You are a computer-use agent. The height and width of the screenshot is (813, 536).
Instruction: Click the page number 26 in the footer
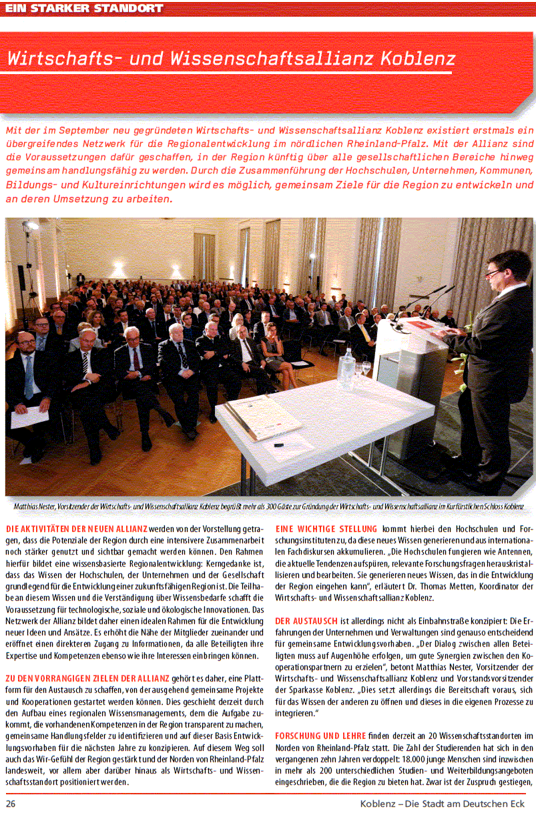pyautogui.click(x=11, y=803)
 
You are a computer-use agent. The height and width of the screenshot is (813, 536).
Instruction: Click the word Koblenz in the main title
pyautogui.click(x=417, y=59)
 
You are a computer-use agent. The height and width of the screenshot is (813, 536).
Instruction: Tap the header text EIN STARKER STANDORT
pyautogui.click(x=84, y=8)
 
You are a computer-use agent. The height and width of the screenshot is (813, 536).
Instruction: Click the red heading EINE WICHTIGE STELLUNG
pyautogui.click(x=326, y=529)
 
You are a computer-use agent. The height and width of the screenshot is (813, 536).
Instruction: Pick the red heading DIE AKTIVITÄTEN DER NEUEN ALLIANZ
pyautogui.click(x=77, y=529)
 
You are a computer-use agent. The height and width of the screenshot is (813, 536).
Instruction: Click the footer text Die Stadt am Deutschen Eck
pyautogui.click(x=463, y=803)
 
